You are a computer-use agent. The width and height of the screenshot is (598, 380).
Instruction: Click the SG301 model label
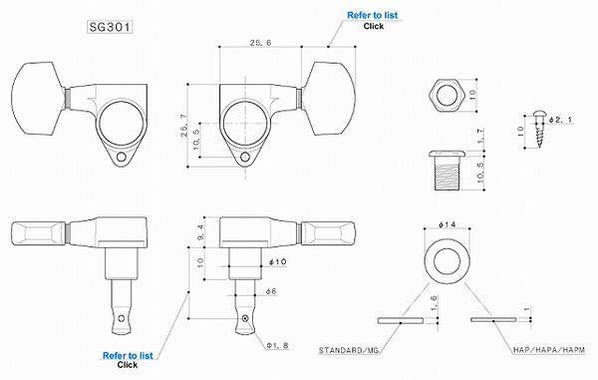111,27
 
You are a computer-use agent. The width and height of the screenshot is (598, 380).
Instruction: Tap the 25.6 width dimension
260,43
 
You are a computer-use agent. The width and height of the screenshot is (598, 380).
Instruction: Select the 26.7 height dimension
184,126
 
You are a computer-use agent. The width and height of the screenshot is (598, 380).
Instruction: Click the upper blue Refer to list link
372,15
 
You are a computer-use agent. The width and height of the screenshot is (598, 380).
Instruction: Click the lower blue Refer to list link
128,356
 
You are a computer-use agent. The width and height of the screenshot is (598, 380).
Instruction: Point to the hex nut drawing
447,96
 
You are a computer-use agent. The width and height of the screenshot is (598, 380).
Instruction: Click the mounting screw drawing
539,130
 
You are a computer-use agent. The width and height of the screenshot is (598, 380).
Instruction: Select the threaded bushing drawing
447,171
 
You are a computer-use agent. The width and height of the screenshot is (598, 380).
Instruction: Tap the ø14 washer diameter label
447,224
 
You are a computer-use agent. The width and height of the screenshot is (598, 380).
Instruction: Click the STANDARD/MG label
349,350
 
